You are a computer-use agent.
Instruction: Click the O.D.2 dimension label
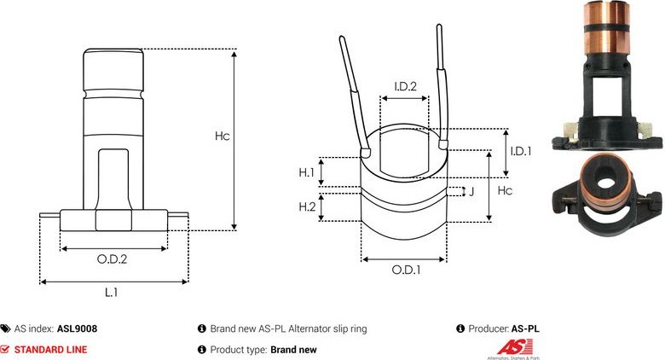(112, 259)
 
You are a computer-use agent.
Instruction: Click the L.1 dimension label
(111, 292)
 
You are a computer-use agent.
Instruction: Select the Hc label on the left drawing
(222, 136)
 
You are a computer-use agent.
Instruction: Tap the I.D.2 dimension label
(406, 87)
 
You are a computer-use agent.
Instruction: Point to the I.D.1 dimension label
(521, 151)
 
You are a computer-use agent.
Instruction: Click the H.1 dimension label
(306, 172)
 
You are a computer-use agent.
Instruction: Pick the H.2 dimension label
(307, 206)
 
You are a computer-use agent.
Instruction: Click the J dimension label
(471, 191)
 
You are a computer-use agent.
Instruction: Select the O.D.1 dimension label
(406, 270)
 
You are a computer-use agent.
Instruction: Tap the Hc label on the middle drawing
(505, 190)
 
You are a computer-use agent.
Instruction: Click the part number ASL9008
(78, 328)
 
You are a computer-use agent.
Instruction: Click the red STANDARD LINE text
(51, 350)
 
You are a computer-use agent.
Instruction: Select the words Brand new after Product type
(293, 350)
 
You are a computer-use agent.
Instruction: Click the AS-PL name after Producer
(525, 328)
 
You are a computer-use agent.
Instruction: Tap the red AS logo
(514, 347)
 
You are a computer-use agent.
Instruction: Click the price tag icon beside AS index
(5, 328)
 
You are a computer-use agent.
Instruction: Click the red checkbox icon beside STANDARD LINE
(4, 350)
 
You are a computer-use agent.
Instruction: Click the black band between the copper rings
(607, 27)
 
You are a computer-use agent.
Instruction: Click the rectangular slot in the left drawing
(113, 178)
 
